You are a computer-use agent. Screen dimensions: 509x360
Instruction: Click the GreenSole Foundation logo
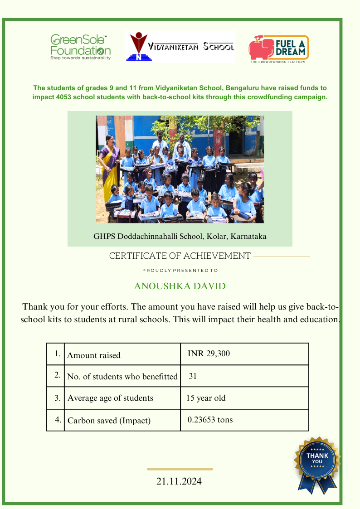tap(80, 47)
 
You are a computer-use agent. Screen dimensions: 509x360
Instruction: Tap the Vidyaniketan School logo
tap(180, 47)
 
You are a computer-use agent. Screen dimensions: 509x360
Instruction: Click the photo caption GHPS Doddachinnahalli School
tap(180, 236)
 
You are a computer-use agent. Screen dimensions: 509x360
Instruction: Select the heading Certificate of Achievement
tap(180, 256)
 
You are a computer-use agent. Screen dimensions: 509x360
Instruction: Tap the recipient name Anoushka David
tap(180, 286)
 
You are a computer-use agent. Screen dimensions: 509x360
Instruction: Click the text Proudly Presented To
tap(180, 271)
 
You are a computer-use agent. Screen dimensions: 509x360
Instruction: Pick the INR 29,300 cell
tap(209, 354)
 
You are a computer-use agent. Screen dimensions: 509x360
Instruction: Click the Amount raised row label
tap(94, 355)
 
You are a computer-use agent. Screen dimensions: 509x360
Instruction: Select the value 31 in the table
tap(193, 376)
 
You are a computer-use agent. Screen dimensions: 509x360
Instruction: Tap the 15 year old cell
tap(205, 398)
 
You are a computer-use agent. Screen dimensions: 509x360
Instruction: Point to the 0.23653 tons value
tap(210, 420)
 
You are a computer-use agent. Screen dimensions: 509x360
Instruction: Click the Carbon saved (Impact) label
tap(109, 421)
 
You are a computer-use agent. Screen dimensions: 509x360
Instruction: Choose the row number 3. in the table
tap(58, 398)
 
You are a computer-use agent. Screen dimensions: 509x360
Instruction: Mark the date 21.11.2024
tap(179, 481)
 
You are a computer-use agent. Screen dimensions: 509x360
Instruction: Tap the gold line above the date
tap(180, 469)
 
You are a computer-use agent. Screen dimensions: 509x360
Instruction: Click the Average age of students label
tap(110, 398)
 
